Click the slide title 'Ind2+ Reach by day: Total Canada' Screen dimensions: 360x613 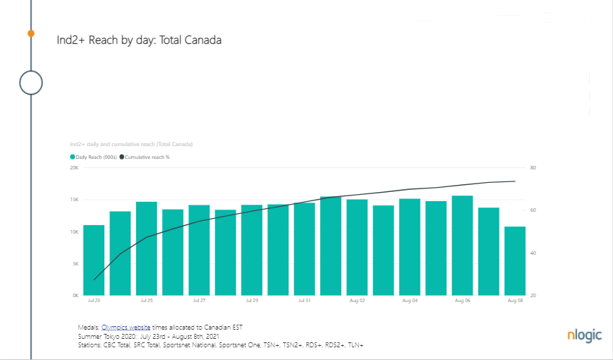click(x=139, y=40)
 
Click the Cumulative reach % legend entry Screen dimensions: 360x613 click(x=144, y=157)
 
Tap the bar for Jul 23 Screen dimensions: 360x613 click(x=94, y=260)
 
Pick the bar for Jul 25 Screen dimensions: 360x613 click(x=147, y=248)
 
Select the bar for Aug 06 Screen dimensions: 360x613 click(x=462, y=245)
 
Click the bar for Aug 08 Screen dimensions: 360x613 click(x=515, y=260)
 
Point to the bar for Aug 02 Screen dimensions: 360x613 click(x=357, y=247)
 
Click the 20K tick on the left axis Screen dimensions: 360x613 click(x=73, y=168)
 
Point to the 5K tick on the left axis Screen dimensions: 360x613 click(x=74, y=263)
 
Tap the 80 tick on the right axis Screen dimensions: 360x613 click(x=533, y=168)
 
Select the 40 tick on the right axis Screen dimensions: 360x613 click(x=533, y=253)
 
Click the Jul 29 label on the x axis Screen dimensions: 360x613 click(x=252, y=301)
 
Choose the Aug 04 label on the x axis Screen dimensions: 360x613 click(x=410, y=301)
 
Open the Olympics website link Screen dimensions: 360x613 click(x=126, y=328)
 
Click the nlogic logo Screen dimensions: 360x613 click(x=584, y=335)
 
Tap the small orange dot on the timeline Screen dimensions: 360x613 click(x=31, y=33)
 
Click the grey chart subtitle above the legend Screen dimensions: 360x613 click(x=131, y=144)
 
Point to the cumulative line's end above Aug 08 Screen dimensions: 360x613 click(x=515, y=181)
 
